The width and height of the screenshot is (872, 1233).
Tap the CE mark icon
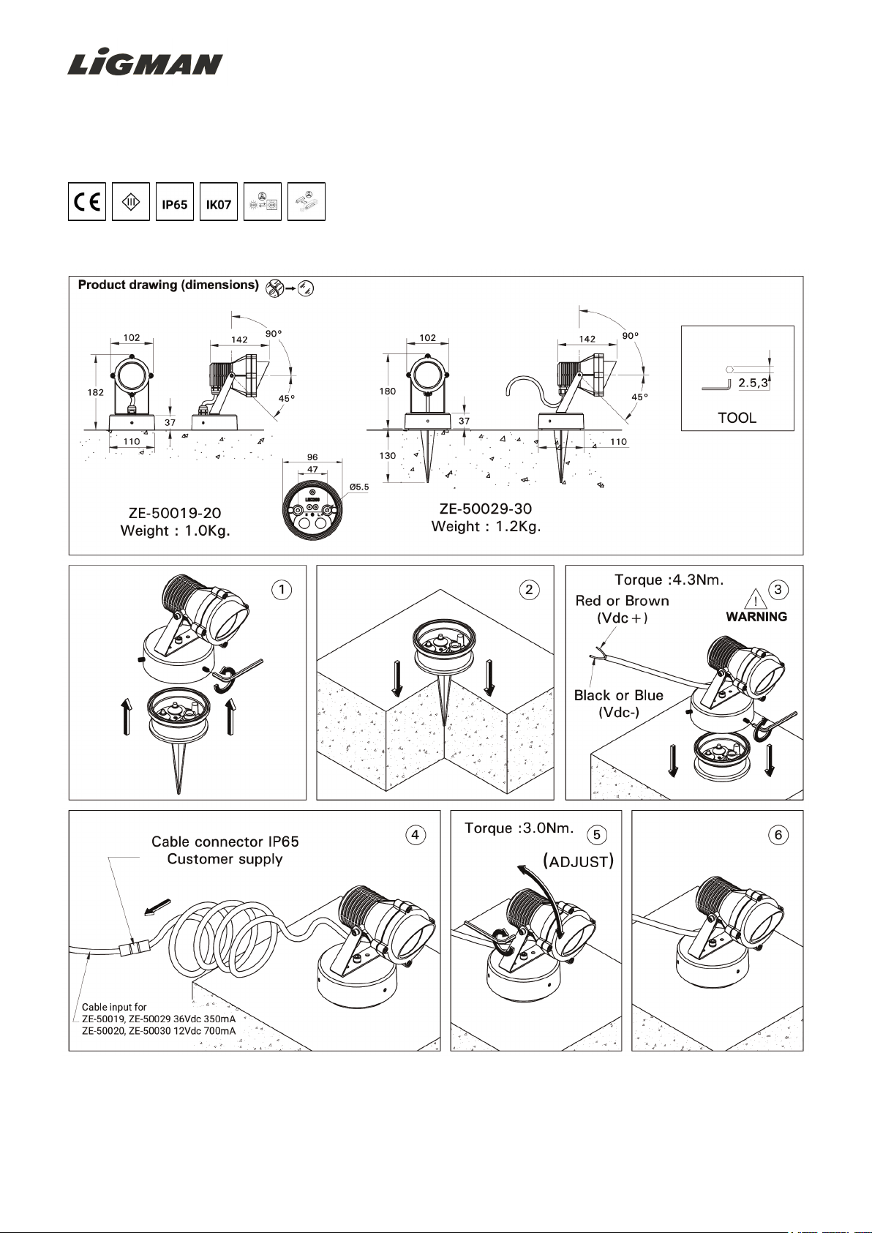87,202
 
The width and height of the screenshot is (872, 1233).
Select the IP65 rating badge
175,203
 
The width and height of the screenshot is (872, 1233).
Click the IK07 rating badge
219,203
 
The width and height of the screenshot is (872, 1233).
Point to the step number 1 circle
282,590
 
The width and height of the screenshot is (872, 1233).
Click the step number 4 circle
416,835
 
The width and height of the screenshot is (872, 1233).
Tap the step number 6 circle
778,835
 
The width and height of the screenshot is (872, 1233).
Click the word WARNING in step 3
756,617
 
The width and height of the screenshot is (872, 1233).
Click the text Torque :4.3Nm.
669,580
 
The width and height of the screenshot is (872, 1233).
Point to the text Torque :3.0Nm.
519,828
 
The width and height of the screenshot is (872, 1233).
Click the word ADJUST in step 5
579,862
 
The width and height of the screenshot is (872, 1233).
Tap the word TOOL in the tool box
737,418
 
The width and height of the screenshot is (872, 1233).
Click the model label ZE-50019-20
175,513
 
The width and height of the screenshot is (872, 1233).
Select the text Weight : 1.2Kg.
486,526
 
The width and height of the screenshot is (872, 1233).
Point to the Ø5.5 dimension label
359,487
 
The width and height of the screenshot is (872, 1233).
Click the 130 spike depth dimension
388,455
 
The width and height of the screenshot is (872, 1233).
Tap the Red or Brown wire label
623,601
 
